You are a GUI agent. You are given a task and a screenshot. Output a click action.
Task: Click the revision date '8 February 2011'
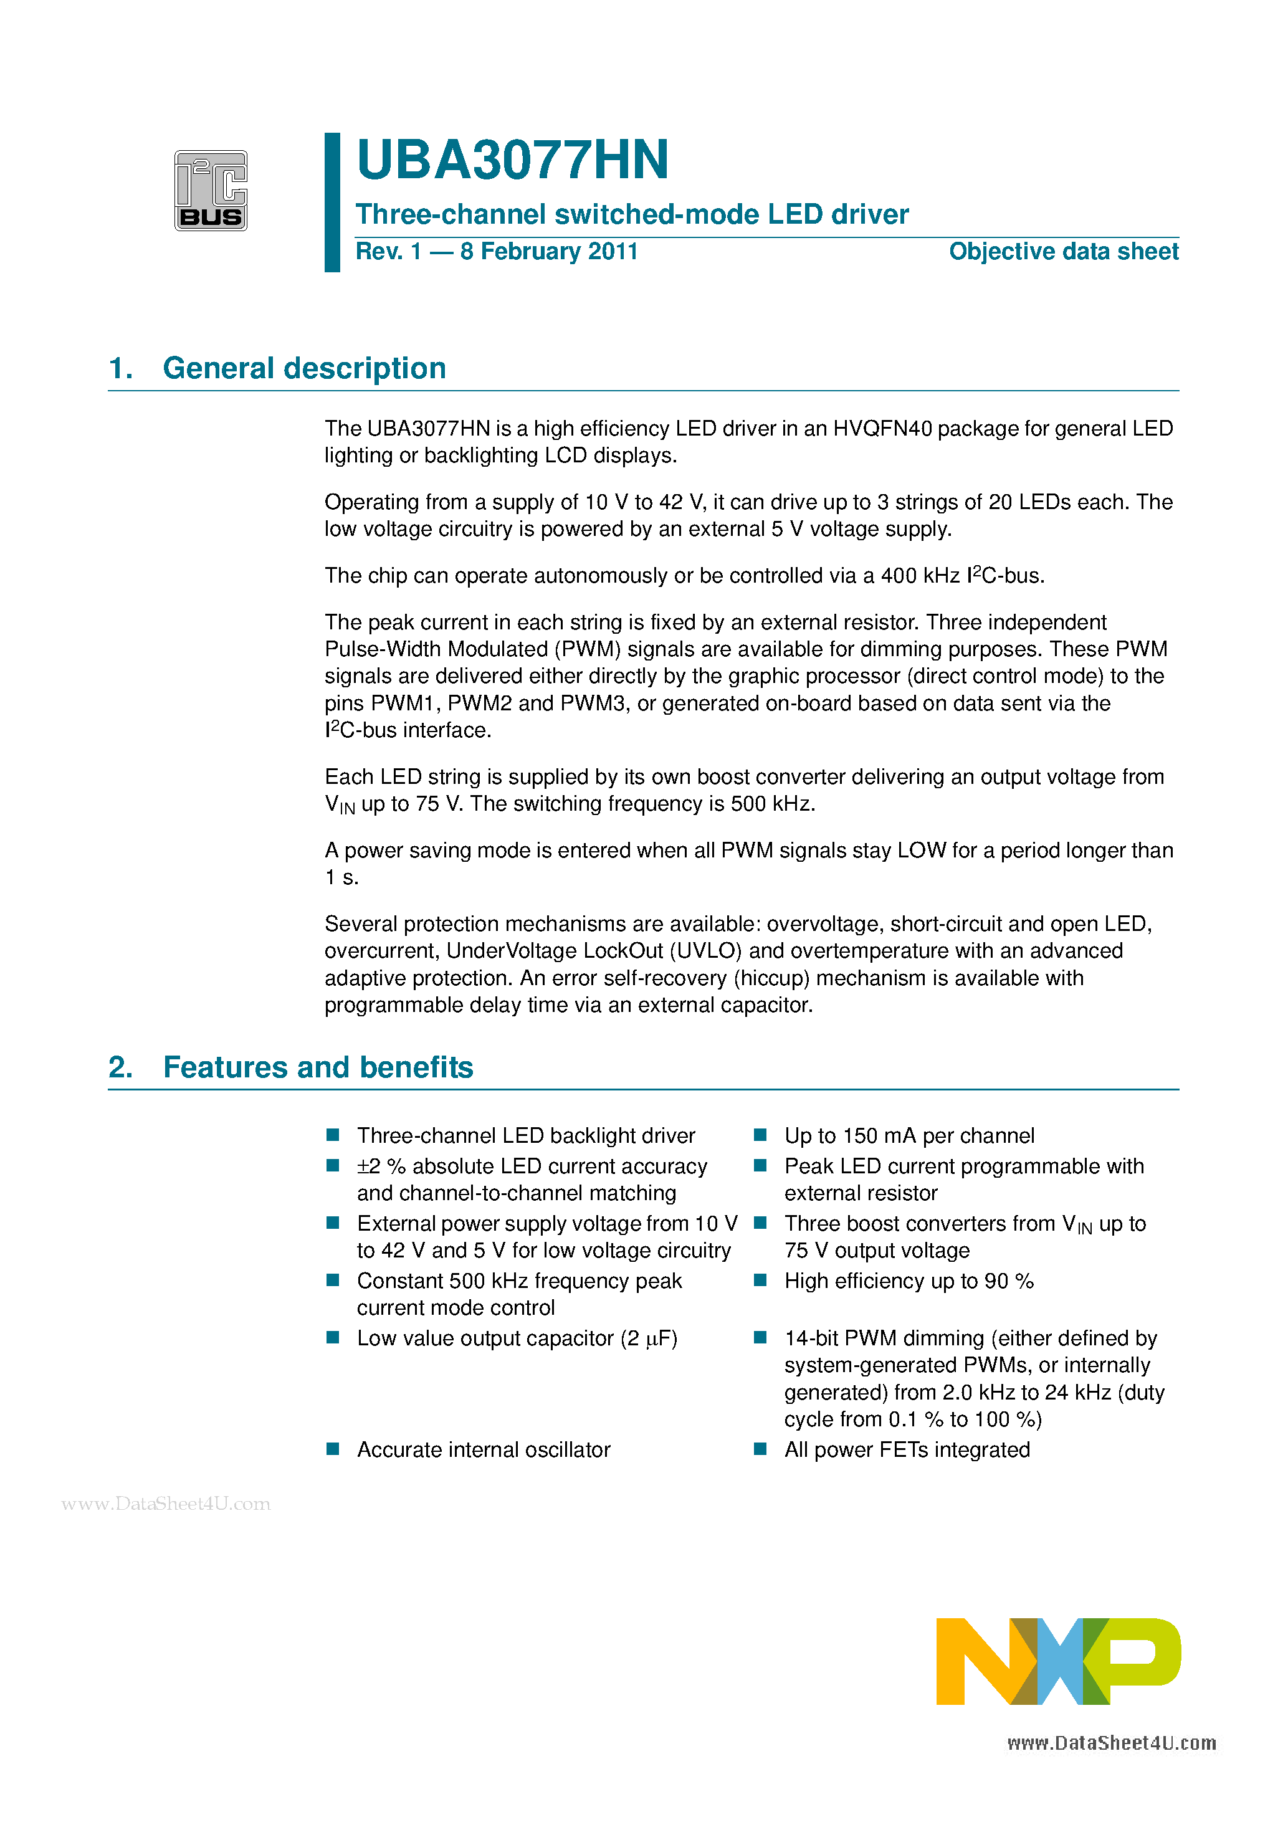tap(548, 252)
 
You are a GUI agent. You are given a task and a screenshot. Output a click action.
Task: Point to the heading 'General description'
tap(304, 368)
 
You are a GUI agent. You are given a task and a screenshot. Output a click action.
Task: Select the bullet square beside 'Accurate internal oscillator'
tap(333, 1449)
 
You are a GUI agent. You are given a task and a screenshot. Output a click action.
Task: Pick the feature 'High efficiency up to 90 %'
tap(909, 1281)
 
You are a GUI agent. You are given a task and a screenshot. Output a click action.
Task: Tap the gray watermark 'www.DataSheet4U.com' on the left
tap(166, 1504)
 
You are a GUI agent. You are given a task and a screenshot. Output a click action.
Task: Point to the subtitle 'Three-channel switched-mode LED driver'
tap(632, 214)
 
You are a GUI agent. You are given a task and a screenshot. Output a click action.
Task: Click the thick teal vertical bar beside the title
tap(333, 203)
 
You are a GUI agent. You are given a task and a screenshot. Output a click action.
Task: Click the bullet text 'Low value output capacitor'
tap(485, 1338)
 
